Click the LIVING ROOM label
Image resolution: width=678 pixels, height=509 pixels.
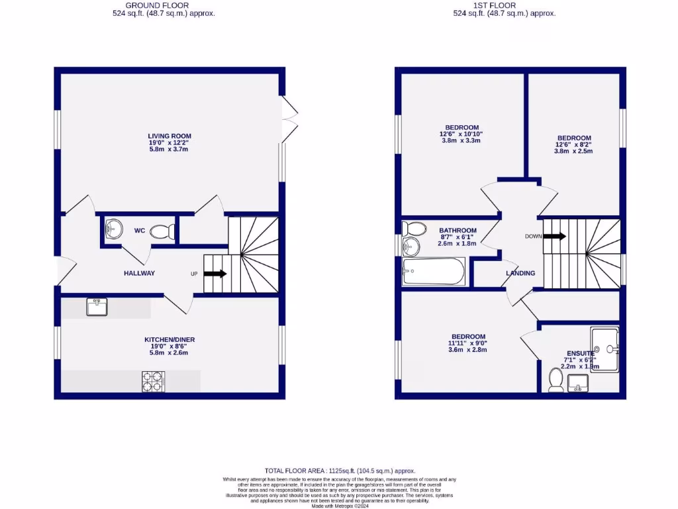pyautogui.click(x=169, y=137)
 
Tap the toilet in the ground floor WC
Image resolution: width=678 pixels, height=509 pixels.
pyautogui.click(x=163, y=232)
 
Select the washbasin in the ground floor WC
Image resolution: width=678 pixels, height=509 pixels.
pyautogui.click(x=114, y=229)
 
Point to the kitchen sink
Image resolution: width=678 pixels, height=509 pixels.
pyautogui.click(x=97, y=307)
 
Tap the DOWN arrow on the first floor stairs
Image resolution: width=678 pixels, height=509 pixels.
pyautogui.click(x=554, y=236)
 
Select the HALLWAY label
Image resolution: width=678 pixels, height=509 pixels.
pyautogui.click(x=139, y=273)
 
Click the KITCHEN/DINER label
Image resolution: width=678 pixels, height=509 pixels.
pyautogui.click(x=169, y=339)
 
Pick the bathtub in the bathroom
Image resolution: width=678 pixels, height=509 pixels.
pyautogui.click(x=434, y=272)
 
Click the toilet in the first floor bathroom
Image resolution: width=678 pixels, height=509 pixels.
pyautogui.click(x=414, y=229)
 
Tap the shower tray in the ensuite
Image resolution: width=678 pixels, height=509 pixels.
pyautogui.click(x=605, y=348)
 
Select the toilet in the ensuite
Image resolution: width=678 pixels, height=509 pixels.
pyautogui.click(x=556, y=380)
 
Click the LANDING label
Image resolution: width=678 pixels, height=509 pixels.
pyautogui.click(x=520, y=273)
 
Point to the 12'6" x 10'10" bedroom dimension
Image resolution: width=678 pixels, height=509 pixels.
pyautogui.click(x=462, y=134)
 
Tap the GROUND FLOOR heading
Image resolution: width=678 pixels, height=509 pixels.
pyautogui.click(x=163, y=5)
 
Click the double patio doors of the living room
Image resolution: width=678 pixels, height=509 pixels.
pyautogui.click(x=289, y=119)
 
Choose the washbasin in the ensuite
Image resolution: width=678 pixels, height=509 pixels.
pyautogui.click(x=578, y=382)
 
